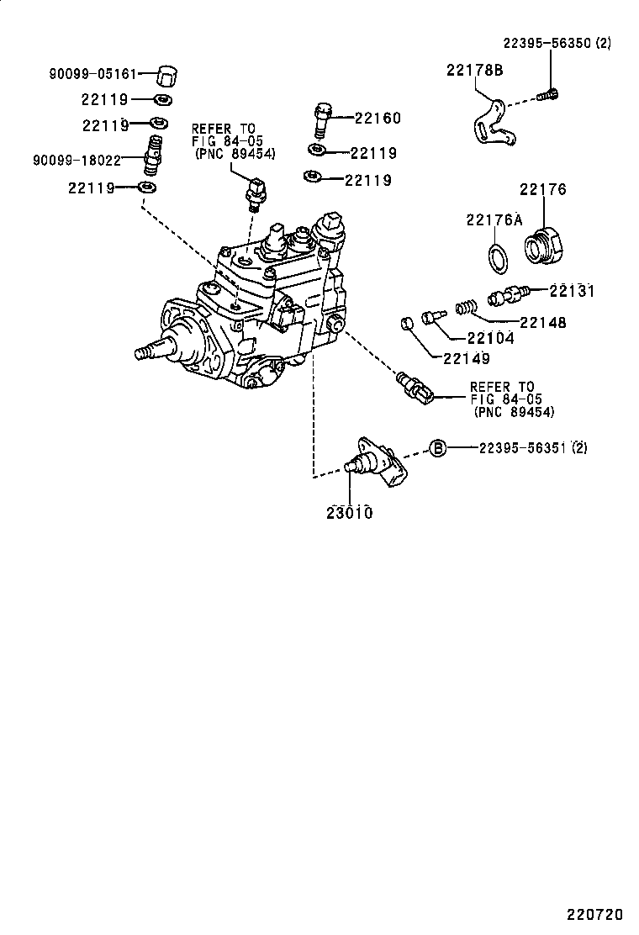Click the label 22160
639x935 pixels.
(378, 119)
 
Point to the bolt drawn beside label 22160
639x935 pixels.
(321, 119)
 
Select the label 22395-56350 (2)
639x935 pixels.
(557, 42)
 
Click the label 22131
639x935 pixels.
(572, 292)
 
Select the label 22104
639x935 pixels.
(490, 340)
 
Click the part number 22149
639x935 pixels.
(462, 359)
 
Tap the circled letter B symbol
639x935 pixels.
(438, 448)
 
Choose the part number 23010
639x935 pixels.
(349, 512)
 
